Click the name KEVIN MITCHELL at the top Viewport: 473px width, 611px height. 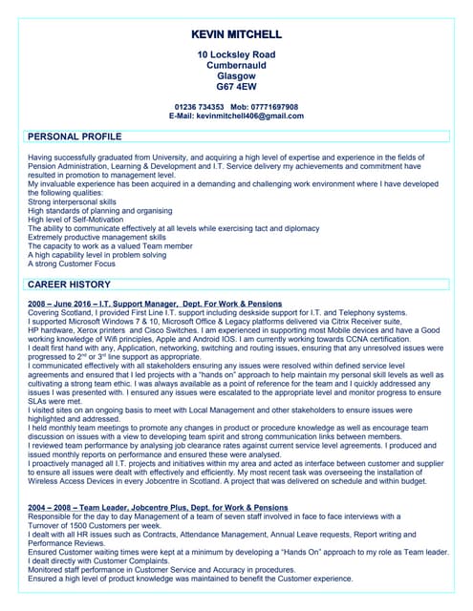click(x=236, y=33)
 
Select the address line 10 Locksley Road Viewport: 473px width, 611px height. click(x=236, y=54)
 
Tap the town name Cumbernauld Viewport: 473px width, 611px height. click(x=236, y=65)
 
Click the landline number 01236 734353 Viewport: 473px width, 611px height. click(x=199, y=107)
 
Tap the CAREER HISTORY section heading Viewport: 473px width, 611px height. click(x=71, y=284)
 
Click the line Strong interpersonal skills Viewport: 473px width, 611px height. click(x=73, y=202)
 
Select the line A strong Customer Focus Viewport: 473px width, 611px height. click(x=72, y=263)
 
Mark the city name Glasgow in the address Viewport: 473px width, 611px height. click(x=236, y=75)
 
